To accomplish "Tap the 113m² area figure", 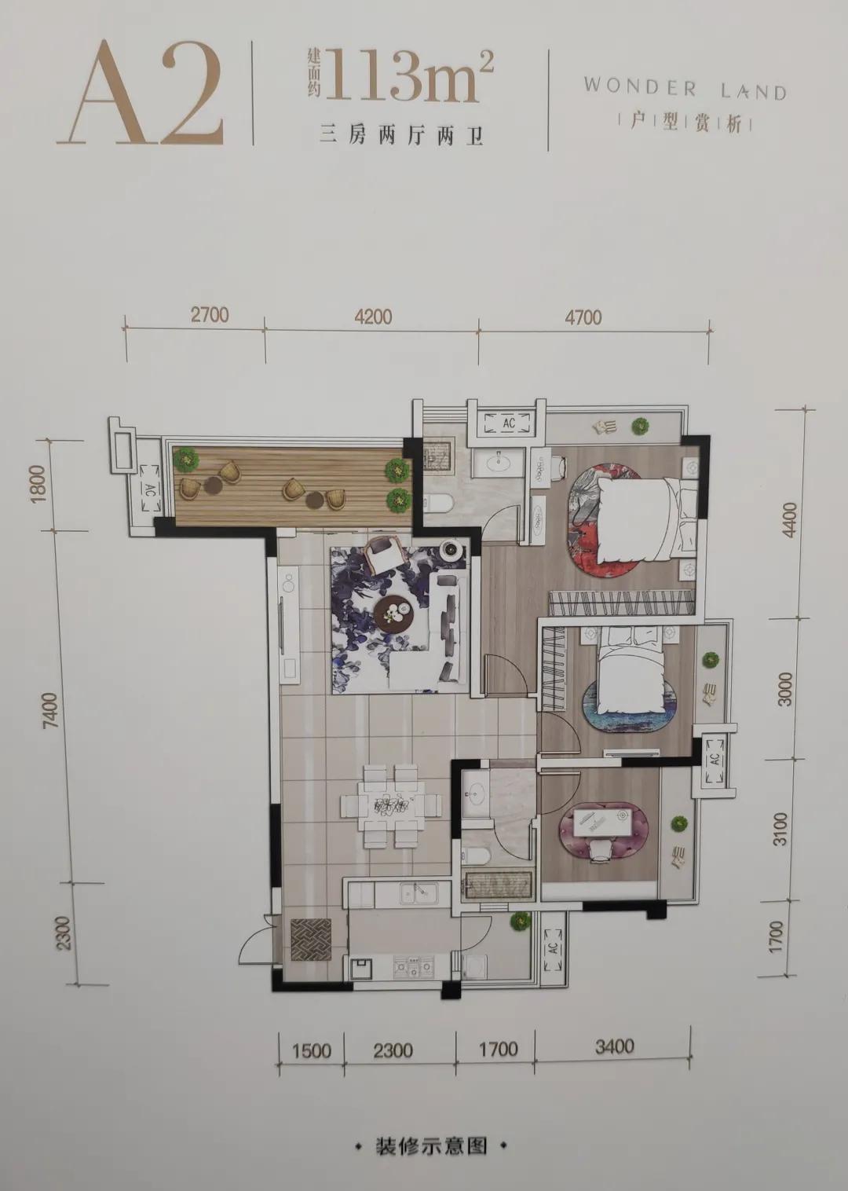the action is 409,75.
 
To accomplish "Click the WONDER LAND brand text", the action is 685,89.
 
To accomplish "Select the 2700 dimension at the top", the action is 210,315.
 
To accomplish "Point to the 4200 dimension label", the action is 373,317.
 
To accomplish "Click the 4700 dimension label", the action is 583,317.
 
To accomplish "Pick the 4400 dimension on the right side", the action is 790,519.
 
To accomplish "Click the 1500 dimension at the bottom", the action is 312,1050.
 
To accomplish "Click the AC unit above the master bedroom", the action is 508,423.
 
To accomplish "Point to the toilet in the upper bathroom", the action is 440,502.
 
